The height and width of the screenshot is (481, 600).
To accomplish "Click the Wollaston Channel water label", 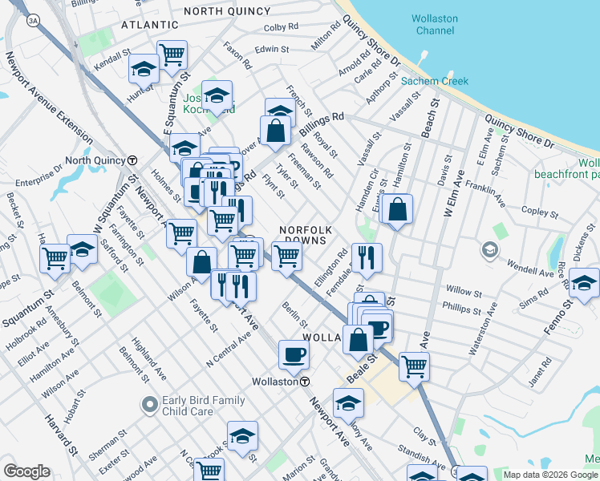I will click(x=434, y=24).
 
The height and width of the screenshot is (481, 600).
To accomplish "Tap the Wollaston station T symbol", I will click(x=306, y=382).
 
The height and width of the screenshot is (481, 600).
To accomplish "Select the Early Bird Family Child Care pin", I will click(x=148, y=405).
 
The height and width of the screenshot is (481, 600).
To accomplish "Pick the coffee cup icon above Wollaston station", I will click(x=294, y=354).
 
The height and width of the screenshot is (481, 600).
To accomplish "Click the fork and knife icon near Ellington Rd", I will click(x=366, y=257).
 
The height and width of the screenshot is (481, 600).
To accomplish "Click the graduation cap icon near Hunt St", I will click(x=144, y=70).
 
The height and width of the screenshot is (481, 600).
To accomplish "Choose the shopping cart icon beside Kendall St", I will click(x=172, y=55).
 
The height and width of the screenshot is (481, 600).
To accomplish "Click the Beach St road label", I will click(x=434, y=116).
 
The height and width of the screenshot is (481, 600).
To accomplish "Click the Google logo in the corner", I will click(x=26, y=471).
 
